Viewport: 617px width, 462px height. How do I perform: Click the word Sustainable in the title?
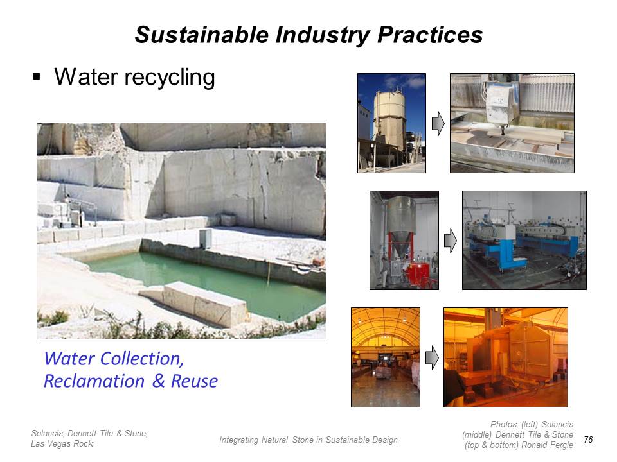[201, 35]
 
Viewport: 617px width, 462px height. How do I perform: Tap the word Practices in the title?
[430, 35]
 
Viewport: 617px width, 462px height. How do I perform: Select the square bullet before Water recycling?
[37, 76]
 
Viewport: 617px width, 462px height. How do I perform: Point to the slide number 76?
[588, 440]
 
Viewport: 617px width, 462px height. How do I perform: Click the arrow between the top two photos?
[438, 124]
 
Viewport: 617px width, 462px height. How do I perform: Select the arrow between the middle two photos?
[450, 241]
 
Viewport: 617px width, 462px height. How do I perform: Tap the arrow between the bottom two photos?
[432, 357]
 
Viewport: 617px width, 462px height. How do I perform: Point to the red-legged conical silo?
[401, 232]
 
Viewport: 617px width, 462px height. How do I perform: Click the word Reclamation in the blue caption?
[94, 381]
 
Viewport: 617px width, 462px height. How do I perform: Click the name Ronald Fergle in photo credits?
[548, 445]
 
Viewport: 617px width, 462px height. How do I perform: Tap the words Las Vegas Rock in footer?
[62, 443]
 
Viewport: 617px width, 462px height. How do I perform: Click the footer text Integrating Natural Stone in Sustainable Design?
[308, 440]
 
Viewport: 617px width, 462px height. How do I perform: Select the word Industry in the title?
[323, 35]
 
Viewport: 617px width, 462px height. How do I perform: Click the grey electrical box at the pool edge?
[206, 239]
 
